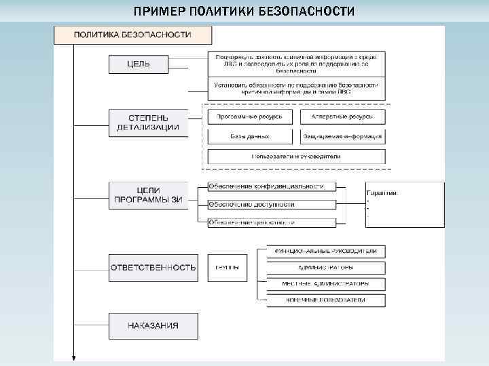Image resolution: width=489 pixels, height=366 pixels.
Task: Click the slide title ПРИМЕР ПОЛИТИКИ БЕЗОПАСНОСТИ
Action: coord(244,12)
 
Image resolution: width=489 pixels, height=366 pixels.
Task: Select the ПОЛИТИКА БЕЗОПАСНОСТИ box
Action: coord(132,35)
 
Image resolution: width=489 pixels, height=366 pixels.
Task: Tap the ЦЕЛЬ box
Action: coord(139,64)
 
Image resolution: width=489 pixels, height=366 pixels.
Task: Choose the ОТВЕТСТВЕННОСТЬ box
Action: coord(153,268)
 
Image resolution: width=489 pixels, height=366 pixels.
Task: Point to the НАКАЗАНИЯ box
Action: coord(153,325)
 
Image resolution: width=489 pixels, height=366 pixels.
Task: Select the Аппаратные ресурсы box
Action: coord(342,117)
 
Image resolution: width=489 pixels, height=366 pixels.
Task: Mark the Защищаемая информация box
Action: coord(342,136)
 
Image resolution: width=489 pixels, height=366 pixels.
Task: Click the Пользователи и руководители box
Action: coord(296,157)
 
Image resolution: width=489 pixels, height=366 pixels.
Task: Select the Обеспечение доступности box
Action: coord(267,204)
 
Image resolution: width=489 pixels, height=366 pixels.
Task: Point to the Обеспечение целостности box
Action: coord(267,222)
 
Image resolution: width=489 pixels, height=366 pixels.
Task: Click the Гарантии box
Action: coord(405,203)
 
